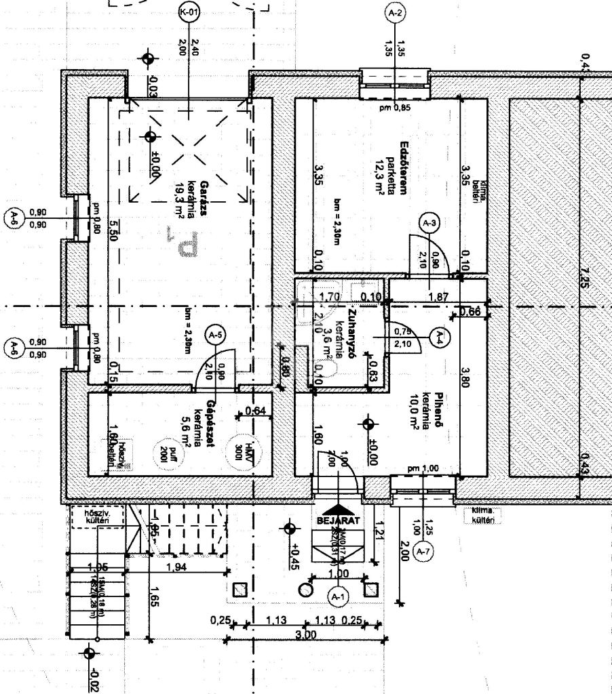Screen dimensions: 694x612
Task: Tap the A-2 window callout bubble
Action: (394, 13)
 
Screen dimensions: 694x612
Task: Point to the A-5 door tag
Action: (216, 335)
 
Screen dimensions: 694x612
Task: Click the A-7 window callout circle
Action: (423, 552)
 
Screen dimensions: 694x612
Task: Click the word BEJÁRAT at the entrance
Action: (337, 521)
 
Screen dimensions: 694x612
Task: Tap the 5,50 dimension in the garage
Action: (113, 234)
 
